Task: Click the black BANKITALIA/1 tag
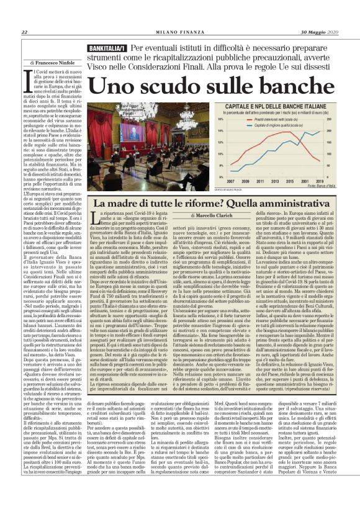pos(107,48)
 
